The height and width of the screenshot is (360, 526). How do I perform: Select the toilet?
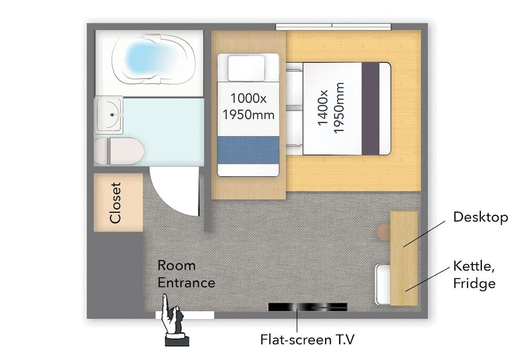coord(119,151)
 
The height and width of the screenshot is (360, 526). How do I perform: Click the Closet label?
coord(115,203)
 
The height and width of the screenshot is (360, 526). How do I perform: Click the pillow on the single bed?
coord(246,68)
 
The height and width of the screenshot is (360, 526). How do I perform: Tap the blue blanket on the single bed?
coord(248,150)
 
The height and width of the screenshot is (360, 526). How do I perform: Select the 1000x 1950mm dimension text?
coord(248,107)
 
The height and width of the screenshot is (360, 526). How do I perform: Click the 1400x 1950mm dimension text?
coord(331,108)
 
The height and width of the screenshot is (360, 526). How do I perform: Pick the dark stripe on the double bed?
coord(370,109)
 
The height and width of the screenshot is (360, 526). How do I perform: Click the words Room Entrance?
coord(186,274)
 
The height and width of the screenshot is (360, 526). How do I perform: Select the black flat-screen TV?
coord(308,307)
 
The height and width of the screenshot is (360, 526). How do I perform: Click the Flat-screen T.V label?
coord(307,339)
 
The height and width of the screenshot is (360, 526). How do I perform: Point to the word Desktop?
coord(480,217)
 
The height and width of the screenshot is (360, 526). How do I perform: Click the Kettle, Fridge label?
coord(474,274)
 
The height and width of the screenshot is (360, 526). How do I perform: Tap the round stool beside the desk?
coord(384,232)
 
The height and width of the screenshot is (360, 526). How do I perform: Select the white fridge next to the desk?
coord(383,285)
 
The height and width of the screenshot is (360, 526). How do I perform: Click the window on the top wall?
coord(333,26)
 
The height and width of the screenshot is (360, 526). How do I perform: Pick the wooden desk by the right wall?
coord(404,258)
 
